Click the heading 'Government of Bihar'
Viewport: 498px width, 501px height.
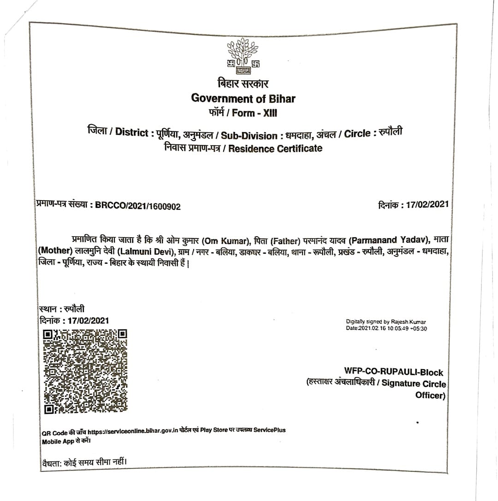click(243, 98)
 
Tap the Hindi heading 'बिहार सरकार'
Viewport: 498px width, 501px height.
click(243, 83)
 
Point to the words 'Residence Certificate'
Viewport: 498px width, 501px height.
click(275, 148)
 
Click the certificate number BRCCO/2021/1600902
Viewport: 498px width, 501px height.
click(138, 206)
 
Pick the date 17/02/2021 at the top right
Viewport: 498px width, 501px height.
click(427, 204)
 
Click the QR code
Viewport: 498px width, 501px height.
click(85, 371)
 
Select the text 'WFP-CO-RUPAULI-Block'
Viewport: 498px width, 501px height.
click(393, 372)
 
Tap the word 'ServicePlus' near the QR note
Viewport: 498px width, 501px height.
click(269, 429)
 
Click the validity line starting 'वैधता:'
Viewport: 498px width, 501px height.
click(83, 461)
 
